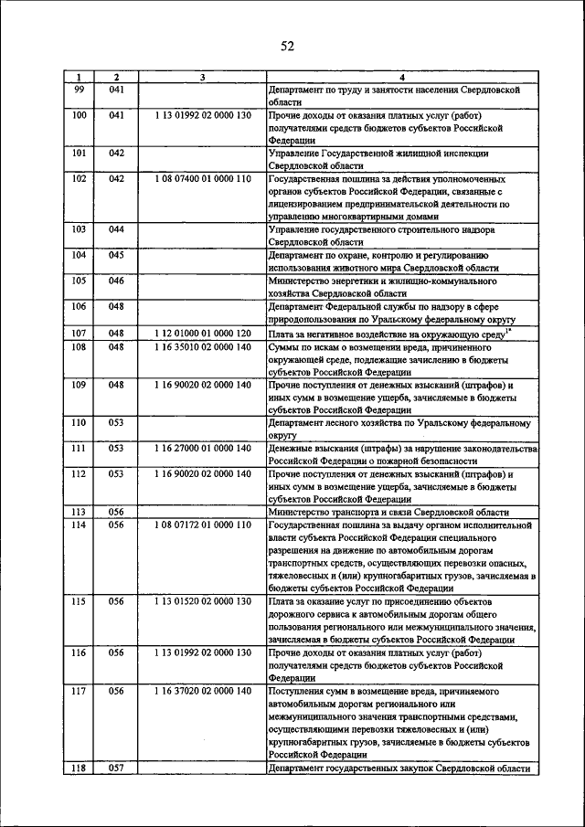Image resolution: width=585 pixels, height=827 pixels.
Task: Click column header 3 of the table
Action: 202,78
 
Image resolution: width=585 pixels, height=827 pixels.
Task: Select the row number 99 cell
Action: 79,90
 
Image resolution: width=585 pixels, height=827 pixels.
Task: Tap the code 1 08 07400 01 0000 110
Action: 202,179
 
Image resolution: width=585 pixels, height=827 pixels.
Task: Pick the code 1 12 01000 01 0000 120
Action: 202,334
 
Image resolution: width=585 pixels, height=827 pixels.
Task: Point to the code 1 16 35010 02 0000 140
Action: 202,347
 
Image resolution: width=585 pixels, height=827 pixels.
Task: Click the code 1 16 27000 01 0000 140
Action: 202,449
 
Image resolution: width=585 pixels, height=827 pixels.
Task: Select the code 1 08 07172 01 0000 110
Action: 202,525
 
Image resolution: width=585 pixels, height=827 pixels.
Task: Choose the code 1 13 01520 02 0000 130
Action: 202,603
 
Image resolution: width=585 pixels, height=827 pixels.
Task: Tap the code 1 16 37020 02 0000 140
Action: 202,691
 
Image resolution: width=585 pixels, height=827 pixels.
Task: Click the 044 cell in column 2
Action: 116,230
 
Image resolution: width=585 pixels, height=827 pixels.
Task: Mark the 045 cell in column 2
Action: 116,256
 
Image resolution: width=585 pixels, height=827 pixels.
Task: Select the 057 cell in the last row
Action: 116,769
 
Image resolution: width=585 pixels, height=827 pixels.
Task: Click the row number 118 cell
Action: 79,769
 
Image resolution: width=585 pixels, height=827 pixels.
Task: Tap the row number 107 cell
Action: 79,334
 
